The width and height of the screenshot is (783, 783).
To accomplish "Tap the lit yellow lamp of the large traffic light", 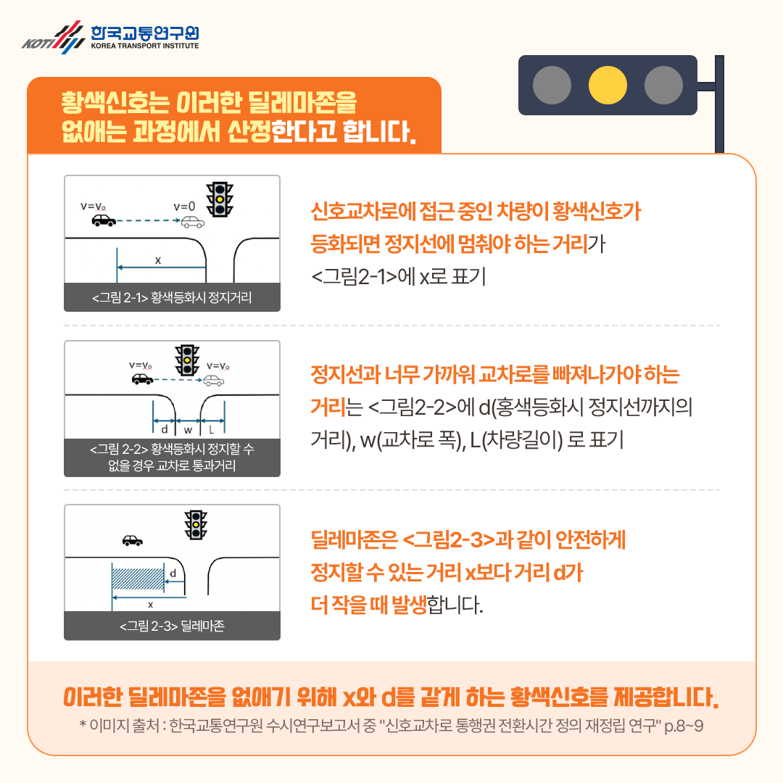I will (608, 85).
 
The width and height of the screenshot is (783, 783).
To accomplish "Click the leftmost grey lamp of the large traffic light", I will (552, 85).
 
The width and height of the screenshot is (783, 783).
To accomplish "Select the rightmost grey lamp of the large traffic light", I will (663, 85).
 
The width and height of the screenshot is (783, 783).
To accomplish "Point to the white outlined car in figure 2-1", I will (192, 222).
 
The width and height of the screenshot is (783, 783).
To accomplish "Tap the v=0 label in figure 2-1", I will (185, 206).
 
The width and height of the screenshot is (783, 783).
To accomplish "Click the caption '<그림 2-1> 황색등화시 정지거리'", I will (172, 297).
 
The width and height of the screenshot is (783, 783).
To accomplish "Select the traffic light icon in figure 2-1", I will (220, 198).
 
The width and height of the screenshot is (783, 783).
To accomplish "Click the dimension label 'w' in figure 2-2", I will (188, 428).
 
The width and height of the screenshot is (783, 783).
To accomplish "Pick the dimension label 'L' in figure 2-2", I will (211, 428).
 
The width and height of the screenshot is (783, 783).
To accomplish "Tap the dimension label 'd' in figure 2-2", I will (165, 428).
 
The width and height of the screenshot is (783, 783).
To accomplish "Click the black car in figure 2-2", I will (141, 379).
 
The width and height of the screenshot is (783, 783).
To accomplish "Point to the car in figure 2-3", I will (132, 540).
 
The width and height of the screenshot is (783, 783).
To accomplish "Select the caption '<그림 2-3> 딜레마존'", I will (172, 626).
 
